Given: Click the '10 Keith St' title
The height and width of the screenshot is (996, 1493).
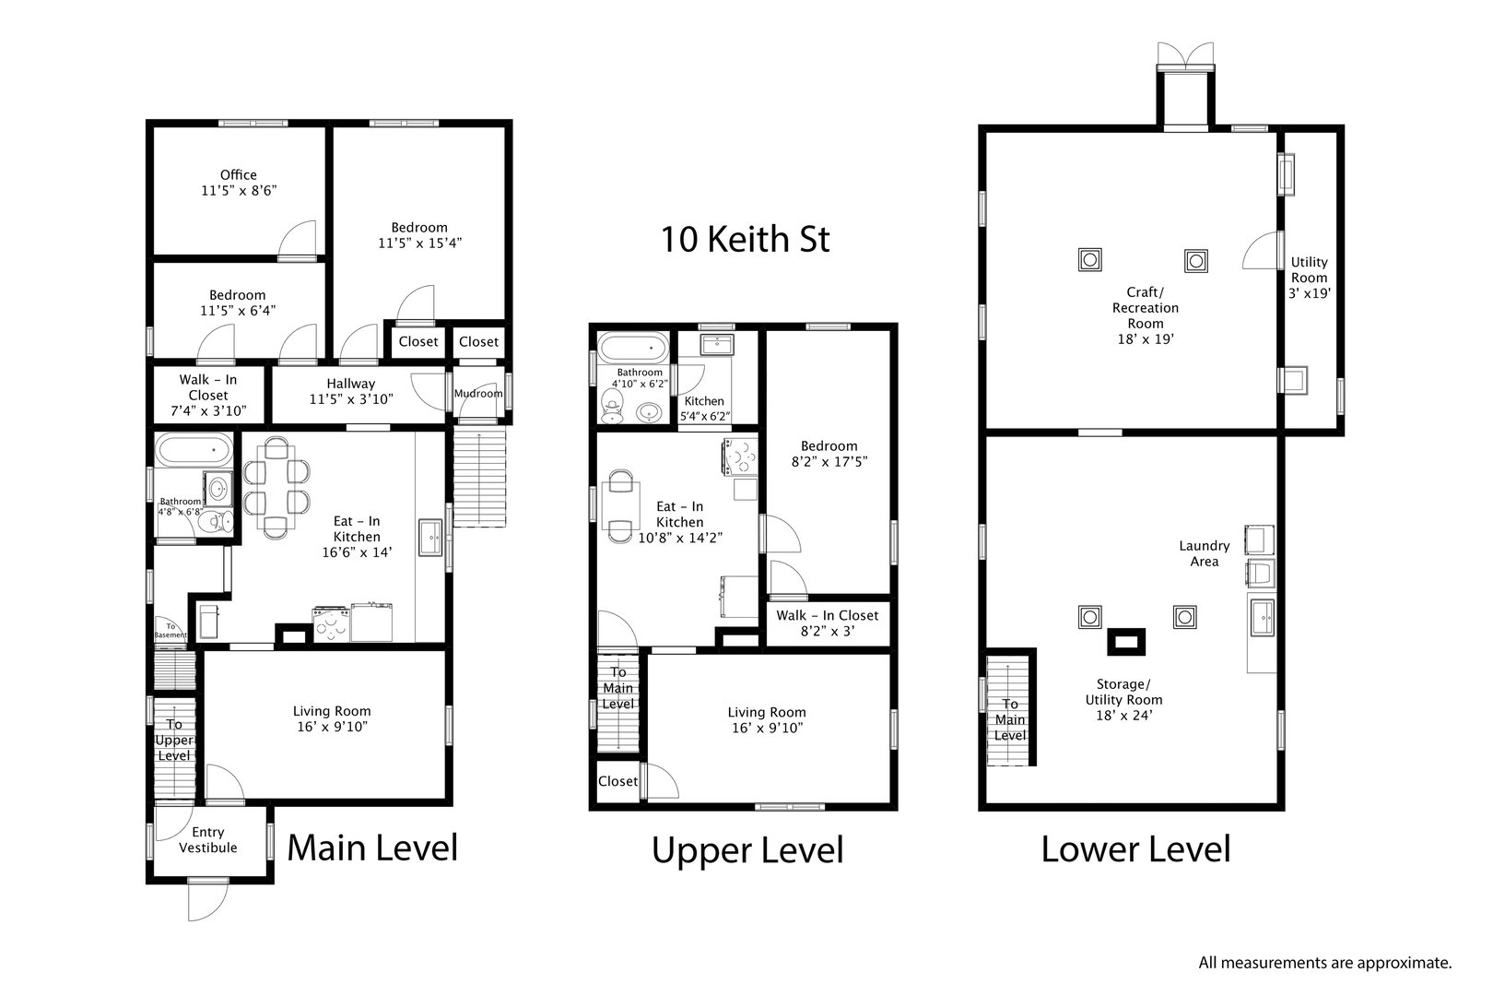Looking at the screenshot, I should [745, 240].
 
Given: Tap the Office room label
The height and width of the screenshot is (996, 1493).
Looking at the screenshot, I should [238, 183].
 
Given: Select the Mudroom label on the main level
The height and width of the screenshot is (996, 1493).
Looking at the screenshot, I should [478, 394].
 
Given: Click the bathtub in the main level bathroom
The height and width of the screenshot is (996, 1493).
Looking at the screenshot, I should [194, 452].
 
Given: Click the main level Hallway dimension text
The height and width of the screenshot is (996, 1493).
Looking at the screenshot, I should [350, 400].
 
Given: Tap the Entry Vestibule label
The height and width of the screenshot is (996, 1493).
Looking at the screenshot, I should [207, 840].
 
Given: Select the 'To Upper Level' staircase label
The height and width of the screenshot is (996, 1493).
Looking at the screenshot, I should [173, 740].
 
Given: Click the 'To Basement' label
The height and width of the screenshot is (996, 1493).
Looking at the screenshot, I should [170, 630].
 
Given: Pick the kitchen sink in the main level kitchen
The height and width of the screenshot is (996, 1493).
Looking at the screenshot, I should [430, 538].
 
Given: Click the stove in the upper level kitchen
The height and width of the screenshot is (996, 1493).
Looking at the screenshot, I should [739, 458].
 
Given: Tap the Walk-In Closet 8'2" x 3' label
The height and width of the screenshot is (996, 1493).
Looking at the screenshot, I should [827, 623].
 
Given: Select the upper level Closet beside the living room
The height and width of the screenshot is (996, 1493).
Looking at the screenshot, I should [617, 781].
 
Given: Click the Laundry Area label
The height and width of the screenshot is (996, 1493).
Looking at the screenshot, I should [1204, 553].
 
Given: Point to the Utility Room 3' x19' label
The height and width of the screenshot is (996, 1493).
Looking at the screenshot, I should [1309, 277].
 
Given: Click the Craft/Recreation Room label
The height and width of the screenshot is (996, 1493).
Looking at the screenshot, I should [1145, 315].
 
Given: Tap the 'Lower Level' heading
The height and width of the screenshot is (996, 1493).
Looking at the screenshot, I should [1135, 848].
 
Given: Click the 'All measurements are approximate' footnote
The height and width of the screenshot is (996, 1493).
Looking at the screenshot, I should [1324, 963].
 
